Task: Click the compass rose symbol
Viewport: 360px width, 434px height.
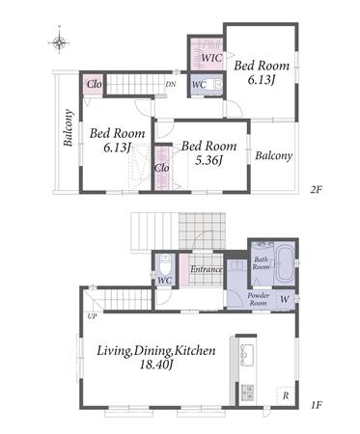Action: (60, 41)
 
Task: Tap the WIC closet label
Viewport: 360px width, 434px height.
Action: (211, 58)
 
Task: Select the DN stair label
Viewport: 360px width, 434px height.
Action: (171, 85)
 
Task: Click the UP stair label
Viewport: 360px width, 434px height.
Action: (92, 316)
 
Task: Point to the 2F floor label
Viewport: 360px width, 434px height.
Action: (316, 189)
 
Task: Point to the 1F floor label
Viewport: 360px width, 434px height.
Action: (316, 405)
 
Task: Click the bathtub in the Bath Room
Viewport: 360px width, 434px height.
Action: (285, 263)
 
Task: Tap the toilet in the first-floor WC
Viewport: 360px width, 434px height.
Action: (165, 263)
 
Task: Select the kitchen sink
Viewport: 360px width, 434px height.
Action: (247, 354)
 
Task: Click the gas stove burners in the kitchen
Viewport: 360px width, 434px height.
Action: (247, 392)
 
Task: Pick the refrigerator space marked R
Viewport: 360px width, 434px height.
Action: (286, 396)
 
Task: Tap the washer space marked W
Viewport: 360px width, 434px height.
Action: (285, 300)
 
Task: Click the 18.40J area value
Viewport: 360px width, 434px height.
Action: (156, 365)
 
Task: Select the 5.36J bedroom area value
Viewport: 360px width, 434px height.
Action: (209, 160)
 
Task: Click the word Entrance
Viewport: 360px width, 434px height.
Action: (207, 269)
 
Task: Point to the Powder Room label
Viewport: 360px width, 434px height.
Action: (259, 299)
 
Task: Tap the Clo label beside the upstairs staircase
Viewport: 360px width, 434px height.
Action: (95, 84)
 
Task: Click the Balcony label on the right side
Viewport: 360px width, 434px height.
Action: (274, 155)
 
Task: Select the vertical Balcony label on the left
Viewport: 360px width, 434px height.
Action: (69, 128)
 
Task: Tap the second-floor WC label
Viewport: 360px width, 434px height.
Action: (199, 85)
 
